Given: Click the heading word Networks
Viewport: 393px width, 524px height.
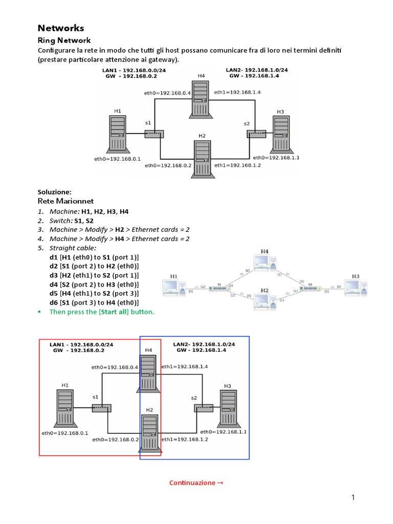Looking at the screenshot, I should [61, 28].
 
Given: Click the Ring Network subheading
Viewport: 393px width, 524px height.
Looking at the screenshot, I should [64, 40].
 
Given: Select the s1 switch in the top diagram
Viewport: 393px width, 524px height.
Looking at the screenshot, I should [153, 134].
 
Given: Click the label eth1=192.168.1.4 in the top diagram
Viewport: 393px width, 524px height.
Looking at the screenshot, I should [237, 93].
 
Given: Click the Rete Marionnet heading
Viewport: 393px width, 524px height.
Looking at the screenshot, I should [65, 201].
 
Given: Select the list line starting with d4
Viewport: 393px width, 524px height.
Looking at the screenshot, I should [94, 284].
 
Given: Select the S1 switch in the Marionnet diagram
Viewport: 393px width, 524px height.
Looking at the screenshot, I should [219, 289].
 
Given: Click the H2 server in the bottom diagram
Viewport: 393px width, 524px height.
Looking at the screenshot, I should [149, 433].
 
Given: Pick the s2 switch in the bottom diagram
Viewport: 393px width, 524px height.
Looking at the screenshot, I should [203, 408].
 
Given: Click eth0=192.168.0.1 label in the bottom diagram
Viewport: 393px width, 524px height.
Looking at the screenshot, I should [64, 433].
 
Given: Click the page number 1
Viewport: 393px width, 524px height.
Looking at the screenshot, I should [353, 497].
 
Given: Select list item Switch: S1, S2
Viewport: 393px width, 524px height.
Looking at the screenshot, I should [72, 220].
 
